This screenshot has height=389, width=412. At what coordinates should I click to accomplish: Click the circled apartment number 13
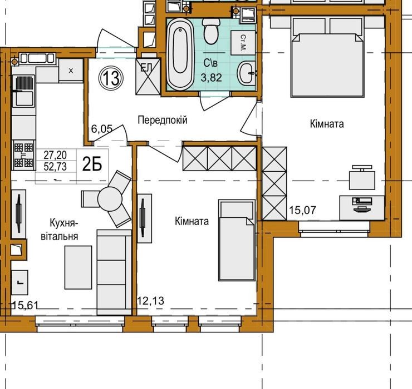(111, 78)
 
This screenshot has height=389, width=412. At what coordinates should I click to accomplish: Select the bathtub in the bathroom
(180, 54)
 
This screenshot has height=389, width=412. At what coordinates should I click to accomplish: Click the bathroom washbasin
(247, 73)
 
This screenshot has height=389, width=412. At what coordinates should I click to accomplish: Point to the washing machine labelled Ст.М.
(243, 42)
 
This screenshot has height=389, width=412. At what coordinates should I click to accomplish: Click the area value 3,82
(211, 78)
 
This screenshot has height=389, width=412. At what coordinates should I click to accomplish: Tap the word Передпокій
(163, 120)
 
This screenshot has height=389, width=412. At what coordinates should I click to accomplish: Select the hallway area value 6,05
(102, 129)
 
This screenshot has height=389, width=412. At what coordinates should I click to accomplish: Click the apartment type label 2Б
(92, 164)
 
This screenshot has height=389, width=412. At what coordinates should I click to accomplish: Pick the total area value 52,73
(55, 167)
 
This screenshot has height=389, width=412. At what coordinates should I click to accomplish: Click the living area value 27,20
(55, 155)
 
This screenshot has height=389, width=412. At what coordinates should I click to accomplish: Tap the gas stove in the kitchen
(23, 155)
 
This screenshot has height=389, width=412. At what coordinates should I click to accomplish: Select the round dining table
(110, 199)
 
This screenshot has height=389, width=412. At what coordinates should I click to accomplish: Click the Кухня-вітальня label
(60, 230)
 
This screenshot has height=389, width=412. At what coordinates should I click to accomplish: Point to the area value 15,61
(26, 305)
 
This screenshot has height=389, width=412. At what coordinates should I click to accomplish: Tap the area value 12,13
(151, 301)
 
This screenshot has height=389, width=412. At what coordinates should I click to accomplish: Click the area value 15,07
(302, 210)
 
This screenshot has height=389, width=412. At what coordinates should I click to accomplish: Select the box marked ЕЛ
(148, 76)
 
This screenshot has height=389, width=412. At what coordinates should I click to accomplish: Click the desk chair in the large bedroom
(362, 177)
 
